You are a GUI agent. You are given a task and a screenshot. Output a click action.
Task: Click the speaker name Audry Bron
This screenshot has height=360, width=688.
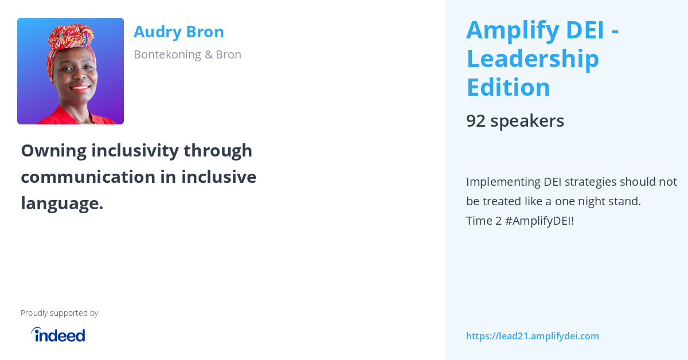[x=178, y=32]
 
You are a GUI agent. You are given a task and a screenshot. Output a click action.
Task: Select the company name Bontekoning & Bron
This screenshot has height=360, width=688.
[x=187, y=54]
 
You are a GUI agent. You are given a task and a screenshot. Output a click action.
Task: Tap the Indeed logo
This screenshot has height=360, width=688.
[x=58, y=335]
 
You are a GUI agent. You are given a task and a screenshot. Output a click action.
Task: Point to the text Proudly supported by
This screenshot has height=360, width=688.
[x=59, y=313]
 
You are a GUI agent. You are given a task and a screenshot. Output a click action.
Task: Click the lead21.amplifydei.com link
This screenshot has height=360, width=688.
[x=532, y=336]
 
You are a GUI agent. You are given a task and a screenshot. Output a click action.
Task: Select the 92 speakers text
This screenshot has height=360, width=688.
[x=515, y=121]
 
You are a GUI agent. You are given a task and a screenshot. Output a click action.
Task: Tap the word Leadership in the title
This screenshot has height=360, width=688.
[x=532, y=59]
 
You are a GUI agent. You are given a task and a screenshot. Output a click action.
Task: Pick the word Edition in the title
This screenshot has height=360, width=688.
[x=508, y=88]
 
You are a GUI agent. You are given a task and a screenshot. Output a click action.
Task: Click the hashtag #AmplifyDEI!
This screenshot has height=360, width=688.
[x=539, y=221]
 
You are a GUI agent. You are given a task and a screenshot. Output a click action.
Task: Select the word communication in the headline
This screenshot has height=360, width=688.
[x=88, y=177]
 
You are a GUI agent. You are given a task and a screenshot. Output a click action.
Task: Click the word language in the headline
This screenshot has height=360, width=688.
[x=61, y=204]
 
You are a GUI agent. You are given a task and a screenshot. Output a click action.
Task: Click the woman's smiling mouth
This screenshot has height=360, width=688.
[x=80, y=88]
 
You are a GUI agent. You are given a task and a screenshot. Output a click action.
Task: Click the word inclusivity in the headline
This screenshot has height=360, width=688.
[x=135, y=151]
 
